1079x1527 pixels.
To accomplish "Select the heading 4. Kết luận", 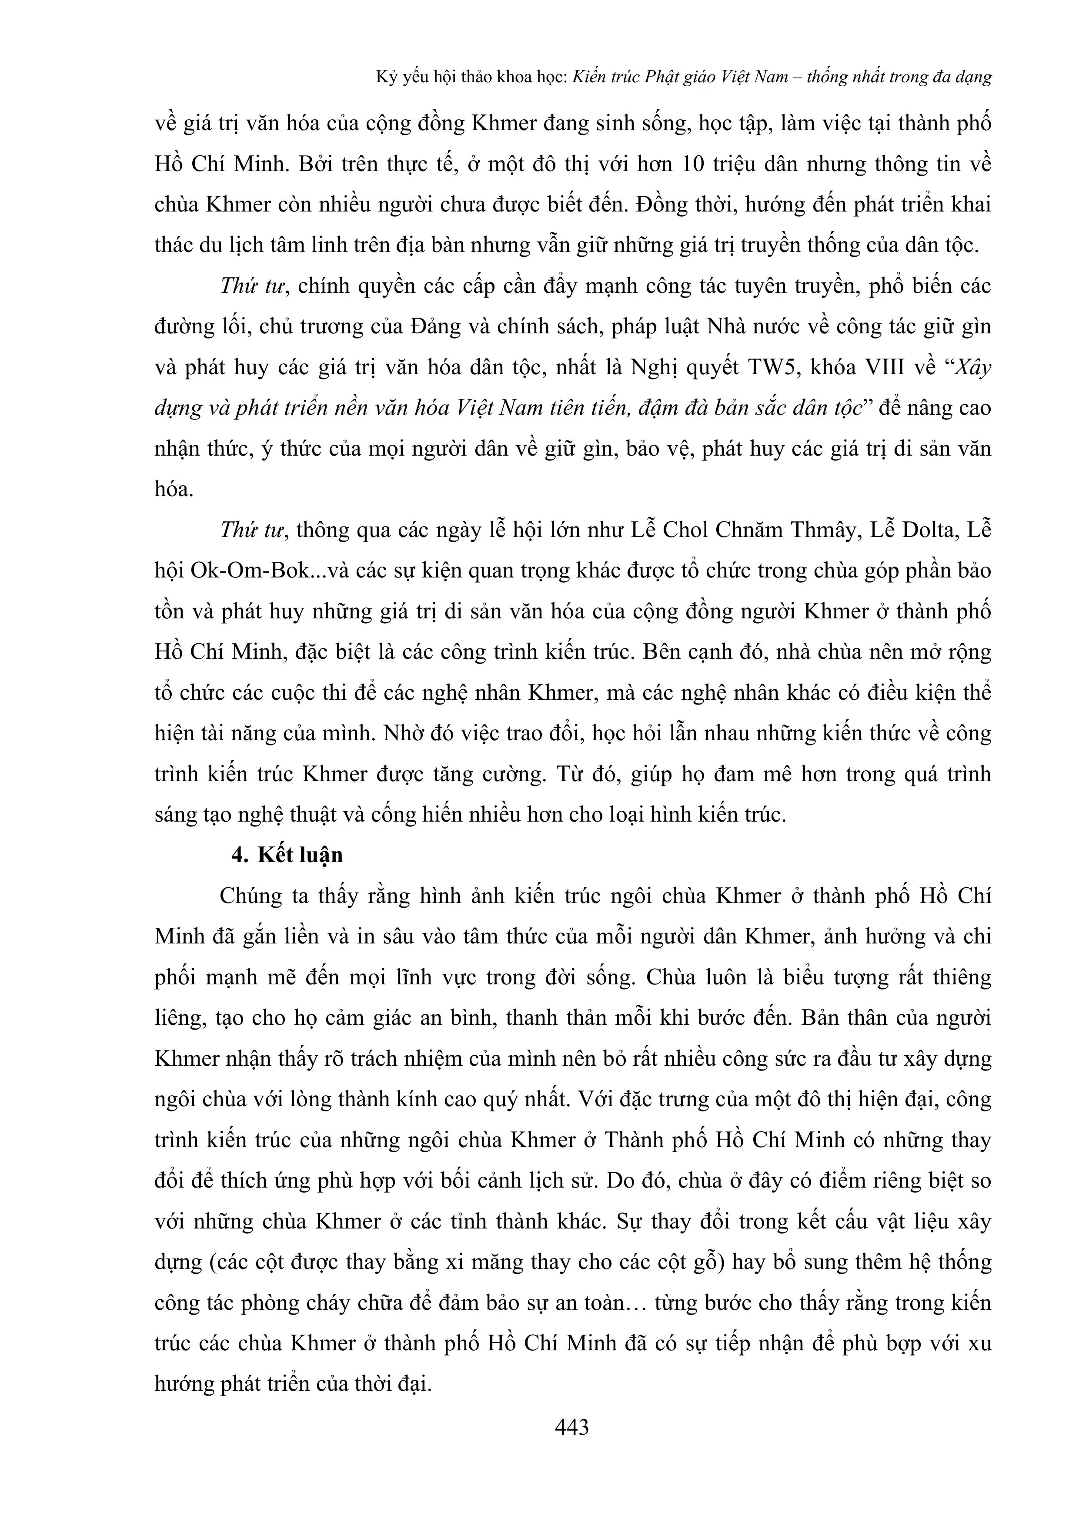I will point(287,855).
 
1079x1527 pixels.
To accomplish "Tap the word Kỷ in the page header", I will point(386,77).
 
